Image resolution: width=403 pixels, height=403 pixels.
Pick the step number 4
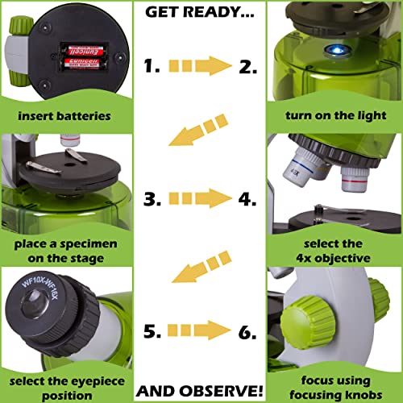click(251, 197)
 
